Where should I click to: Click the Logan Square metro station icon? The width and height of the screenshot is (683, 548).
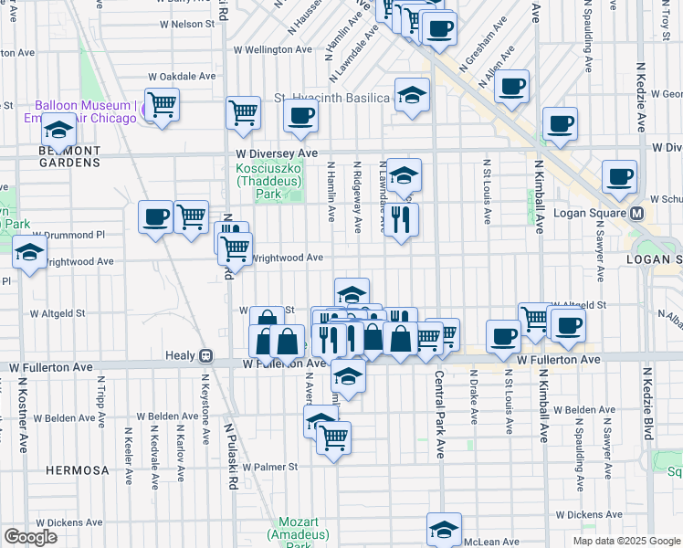[636, 213]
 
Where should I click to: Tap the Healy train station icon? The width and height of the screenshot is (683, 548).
[207, 355]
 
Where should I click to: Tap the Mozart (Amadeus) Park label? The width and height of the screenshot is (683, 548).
[292, 533]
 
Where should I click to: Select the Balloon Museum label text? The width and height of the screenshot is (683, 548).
[85, 105]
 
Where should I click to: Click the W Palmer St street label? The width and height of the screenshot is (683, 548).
[268, 466]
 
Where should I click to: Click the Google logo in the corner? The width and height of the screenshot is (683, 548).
[30, 536]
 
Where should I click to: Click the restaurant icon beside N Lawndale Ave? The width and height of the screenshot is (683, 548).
[400, 219]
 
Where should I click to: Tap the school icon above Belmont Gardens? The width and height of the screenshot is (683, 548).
[58, 131]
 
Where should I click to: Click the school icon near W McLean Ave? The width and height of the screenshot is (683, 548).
[444, 528]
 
